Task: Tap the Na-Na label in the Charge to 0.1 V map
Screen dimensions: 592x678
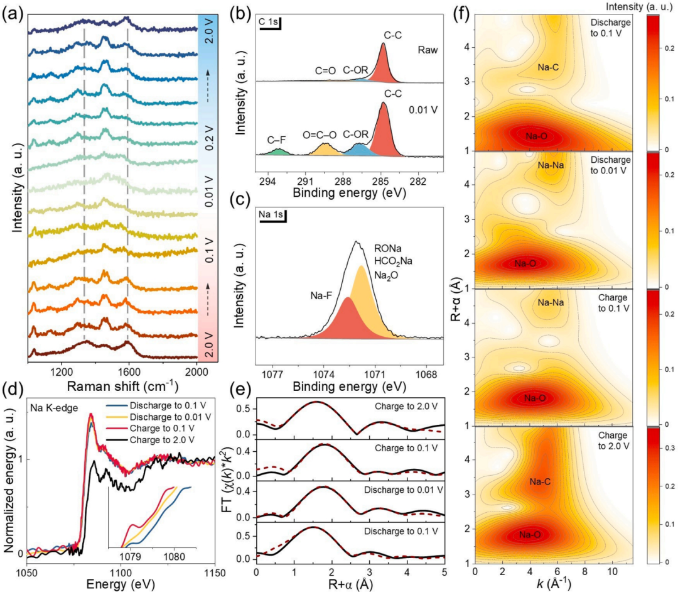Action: (x=551, y=303)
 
